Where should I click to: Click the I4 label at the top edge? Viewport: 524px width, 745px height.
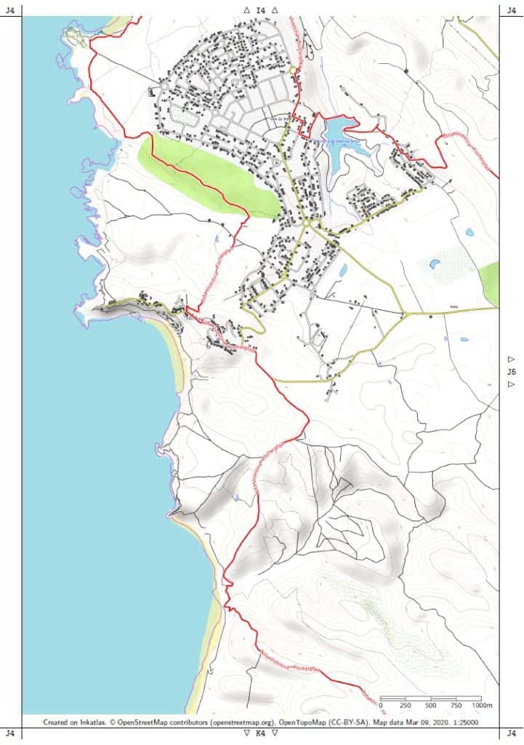coord(261,10)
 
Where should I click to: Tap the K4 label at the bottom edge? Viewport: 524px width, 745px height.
coord(261,733)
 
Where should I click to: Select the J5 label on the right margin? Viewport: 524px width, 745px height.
coord(512,372)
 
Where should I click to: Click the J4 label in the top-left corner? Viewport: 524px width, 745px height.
coord(10,10)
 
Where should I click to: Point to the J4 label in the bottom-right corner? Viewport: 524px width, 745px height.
coord(512,733)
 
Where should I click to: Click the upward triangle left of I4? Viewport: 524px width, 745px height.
coord(247,10)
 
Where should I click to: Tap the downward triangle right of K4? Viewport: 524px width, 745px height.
coord(275,733)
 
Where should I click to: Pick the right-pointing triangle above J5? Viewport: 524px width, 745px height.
coord(512,359)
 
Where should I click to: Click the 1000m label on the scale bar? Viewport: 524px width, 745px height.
coord(483,706)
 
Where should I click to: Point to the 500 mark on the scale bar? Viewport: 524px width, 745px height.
coord(431,706)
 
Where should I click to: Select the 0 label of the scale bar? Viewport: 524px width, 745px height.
coord(381,706)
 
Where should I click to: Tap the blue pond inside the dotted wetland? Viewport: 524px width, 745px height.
coord(435,264)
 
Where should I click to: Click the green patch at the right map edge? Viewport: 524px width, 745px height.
coord(491,282)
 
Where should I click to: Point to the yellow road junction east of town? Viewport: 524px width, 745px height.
coord(402,314)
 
